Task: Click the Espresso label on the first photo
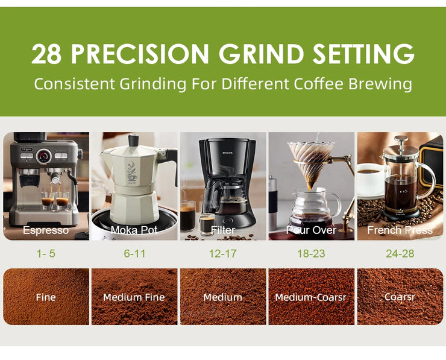pos(46,230)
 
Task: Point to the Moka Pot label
pos(134,230)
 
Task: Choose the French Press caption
pos(400,230)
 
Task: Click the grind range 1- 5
pos(46,254)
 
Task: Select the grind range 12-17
pos(223,254)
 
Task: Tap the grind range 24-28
pos(400,254)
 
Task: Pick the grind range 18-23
pos(312,254)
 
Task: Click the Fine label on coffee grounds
pos(46,297)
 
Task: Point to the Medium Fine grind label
pos(134,297)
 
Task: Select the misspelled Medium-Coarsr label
pos(311,297)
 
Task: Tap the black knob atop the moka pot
pos(134,140)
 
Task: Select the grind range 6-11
pos(134,254)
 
